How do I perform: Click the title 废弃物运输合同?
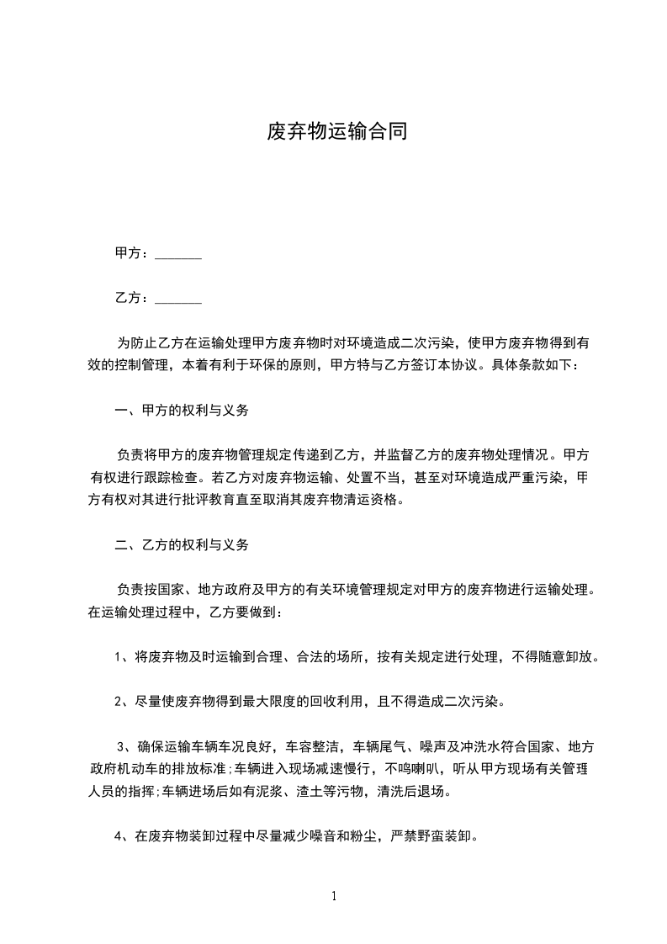336,132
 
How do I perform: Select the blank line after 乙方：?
178,299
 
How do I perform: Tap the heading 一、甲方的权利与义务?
181,412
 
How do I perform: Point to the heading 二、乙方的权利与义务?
181,545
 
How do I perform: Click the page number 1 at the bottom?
334,896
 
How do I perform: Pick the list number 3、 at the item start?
123,746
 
